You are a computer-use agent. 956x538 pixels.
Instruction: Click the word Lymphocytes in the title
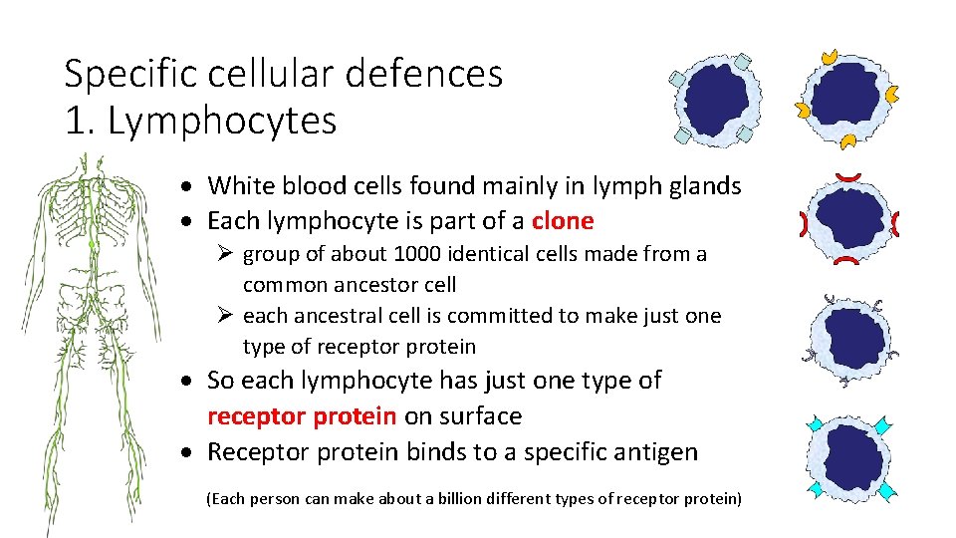click(x=221, y=122)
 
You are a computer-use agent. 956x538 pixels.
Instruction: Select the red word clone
click(x=563, y=220)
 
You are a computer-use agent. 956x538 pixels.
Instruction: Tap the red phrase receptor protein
click(x=302, y=415)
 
